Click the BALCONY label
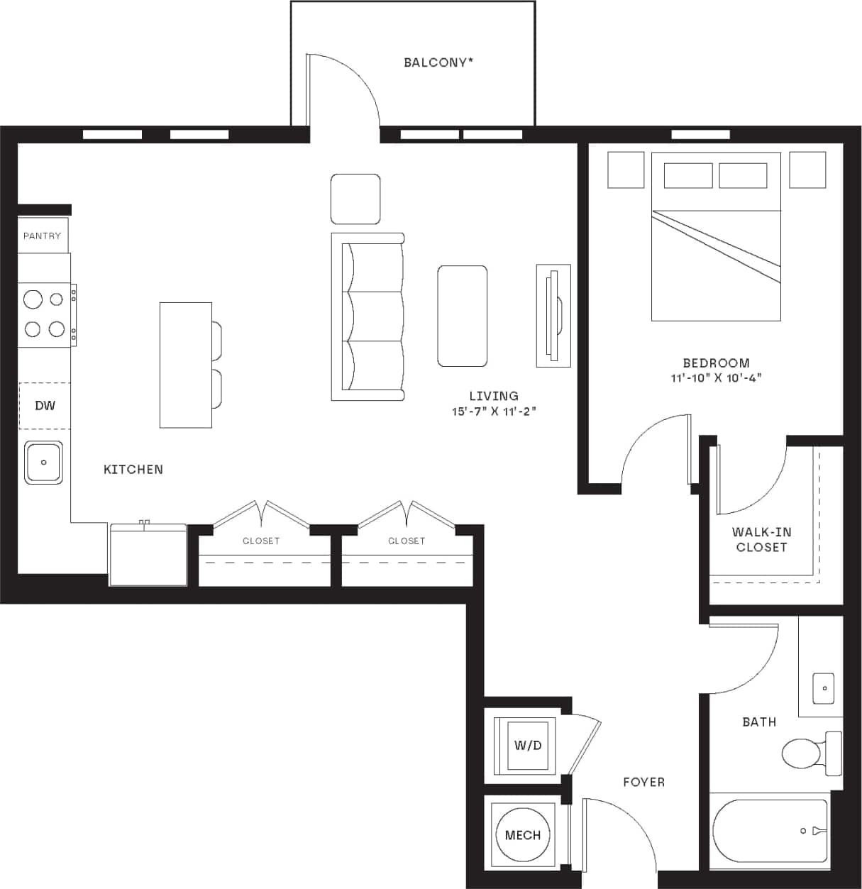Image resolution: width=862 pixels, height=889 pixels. [438, 62]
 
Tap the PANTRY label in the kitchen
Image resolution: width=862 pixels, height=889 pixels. [42, 236]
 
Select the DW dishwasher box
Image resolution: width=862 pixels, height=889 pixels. [45, 406]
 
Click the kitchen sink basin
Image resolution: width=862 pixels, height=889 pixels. [44, 463]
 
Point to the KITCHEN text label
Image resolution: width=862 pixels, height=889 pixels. [133, 469]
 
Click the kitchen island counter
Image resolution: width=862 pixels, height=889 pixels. [185, 365]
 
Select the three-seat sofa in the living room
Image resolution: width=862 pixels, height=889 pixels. [368, 316]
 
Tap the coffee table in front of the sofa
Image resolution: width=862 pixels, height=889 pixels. [463, 316]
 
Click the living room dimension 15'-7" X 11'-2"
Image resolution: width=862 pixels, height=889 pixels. [494, 411]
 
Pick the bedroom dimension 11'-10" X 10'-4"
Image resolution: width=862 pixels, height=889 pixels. [716, 378]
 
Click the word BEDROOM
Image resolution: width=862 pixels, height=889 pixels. [716, 363]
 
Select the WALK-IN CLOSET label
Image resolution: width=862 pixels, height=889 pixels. [761, 539]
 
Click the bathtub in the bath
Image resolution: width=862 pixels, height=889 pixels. [770, 830]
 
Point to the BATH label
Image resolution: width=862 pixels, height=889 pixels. [758, 722]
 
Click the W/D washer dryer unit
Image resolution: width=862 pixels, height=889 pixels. [527, 745]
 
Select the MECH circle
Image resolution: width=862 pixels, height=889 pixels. [523, 835]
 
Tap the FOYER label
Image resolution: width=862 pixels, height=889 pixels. [643, 782]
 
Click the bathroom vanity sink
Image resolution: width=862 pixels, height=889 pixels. [824, 688]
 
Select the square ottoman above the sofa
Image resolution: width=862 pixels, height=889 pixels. [355, 199]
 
